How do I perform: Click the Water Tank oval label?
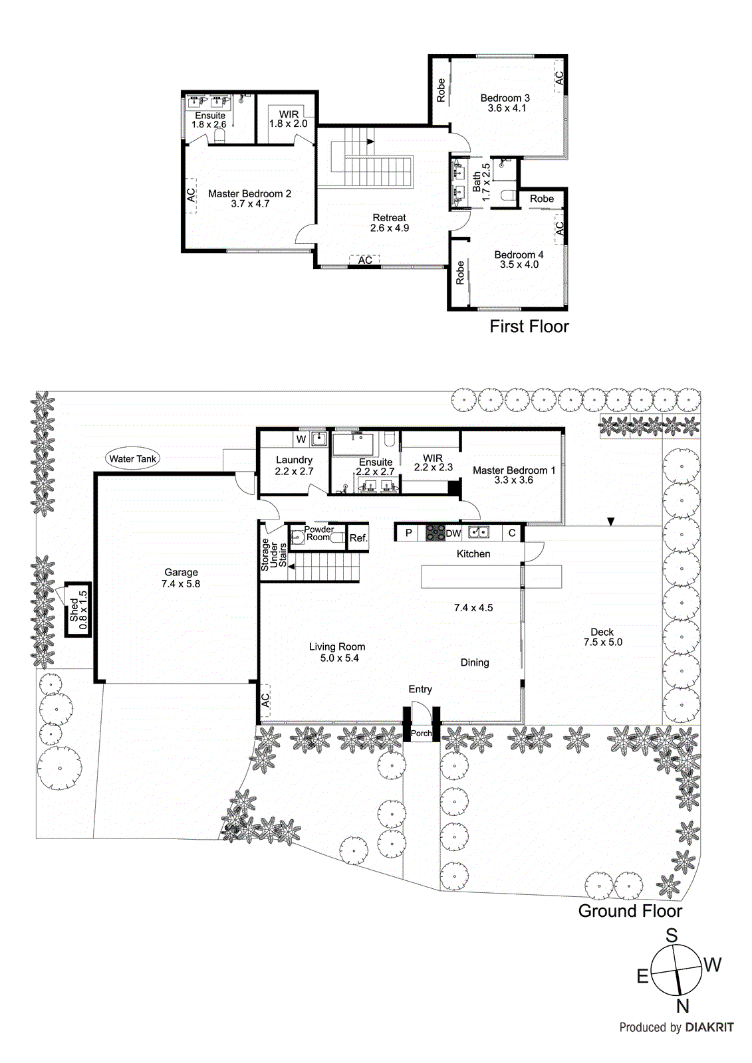coord(132,458)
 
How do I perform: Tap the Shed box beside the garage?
coord(78,609)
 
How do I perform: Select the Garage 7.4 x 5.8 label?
coord(181,577)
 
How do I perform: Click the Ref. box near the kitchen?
coord(358,537)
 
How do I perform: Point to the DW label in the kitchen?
coord(453,533)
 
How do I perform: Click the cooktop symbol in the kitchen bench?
coord(435,532)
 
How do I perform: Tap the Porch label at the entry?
coord(421,733)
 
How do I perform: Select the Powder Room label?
coord(318,533)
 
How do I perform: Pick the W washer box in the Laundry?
coord(301,439)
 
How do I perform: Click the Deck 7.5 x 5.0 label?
coord(602,636)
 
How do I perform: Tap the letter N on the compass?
coord(682,1006)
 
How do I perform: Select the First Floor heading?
coord(529,326)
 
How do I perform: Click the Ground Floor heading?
coord(630,910)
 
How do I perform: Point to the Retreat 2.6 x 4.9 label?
coord(390,223)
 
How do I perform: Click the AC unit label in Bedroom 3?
coord(559,78)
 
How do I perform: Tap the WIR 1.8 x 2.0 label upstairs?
coord(289,119)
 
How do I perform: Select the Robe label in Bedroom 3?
coord(441,90)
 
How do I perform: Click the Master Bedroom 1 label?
coord(513,474)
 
